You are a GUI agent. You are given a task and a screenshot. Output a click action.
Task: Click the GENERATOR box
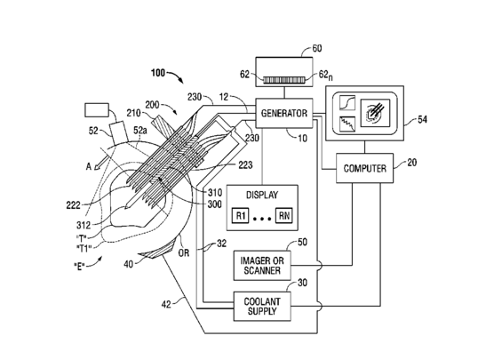pos(284,113)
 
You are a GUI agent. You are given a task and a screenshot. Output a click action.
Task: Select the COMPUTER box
pos(365,168)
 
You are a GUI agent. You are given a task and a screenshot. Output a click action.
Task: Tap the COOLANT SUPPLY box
pos(262,306)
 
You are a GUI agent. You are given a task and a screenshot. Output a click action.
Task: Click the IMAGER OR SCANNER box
pos(262,266)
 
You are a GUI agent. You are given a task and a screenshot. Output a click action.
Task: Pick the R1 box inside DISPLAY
pos(241,215)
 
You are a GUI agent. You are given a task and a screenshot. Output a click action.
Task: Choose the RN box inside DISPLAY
pos(284,215)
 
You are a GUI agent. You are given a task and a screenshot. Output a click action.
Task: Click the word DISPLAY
pos(262,195)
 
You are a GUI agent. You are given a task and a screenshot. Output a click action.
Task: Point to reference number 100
pos(158,73)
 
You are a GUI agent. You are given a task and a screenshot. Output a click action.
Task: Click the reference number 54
pos(422,119)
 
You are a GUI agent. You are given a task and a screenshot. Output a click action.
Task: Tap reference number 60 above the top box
pos(317,48)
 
